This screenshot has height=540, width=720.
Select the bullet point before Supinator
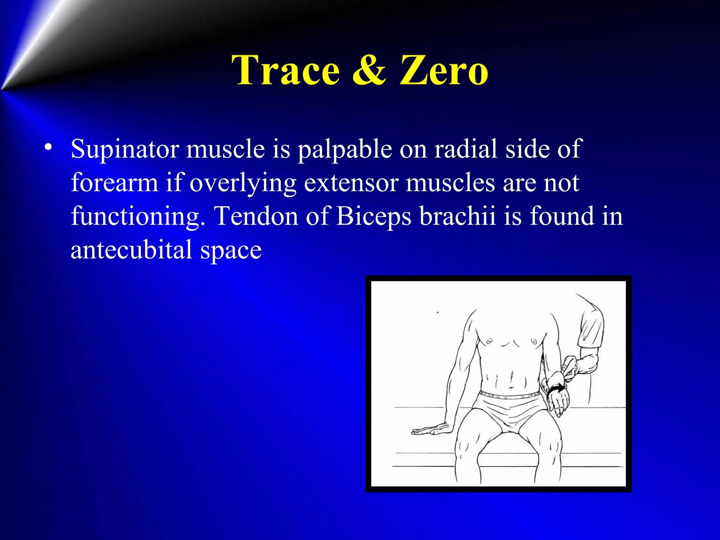tap(49, 147)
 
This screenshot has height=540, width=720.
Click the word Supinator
tap(124, 149)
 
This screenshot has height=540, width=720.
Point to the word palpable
tap(345, 149)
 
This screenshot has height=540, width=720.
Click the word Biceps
tap(373, 217)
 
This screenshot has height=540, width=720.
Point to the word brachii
tap(457, 216)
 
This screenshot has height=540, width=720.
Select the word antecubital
tap(131, 250)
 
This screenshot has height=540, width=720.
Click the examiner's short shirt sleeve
tap(591, 327)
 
